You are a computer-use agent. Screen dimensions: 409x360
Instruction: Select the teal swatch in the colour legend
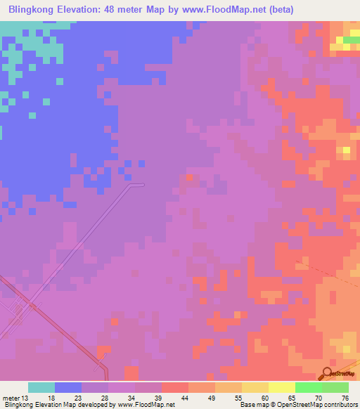click(x=41, y=387)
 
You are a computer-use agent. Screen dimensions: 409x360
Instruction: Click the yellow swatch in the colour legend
click(x=281, y=387)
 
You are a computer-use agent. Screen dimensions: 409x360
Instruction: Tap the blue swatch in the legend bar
click(x=68, y=387)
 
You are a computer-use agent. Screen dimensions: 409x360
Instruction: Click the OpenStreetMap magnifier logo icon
click(x=328, y=372)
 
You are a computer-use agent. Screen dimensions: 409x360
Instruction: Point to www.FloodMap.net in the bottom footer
click(x=146, y=405)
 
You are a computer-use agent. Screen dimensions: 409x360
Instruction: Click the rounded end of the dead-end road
click(x=142, y=185)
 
